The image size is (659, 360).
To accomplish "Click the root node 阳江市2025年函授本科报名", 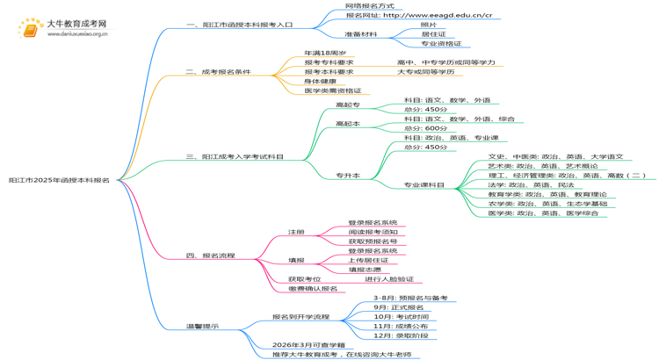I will pyautogui.click(x=59, y=179).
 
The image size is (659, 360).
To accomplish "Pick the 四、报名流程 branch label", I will pyautogui.click(x=210, y=256).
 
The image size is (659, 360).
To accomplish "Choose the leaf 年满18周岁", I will pyautogui.click(x=324, y=53).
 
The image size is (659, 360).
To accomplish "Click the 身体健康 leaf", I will pyautogui.click(x=322, y=81).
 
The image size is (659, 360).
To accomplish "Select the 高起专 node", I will pyautogui.click(x=347, y=105).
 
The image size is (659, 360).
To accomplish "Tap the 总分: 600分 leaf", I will pyautogui.click(x=425, y=128).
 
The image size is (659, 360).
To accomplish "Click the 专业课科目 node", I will pyautogui.click(x=424, y=185).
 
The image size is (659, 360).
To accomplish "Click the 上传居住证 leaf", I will pyautogui.click(x=368, y=260).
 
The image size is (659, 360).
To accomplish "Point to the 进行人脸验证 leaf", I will pyautogui.click(x=388, y=279).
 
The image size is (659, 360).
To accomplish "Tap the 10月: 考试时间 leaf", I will pyautogui.click(x=401, y=316).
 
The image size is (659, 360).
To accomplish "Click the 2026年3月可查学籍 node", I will pyautogui.click(x=308, y=345).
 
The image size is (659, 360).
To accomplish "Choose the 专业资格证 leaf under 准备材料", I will pyautogui.click(x=440, y=43).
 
